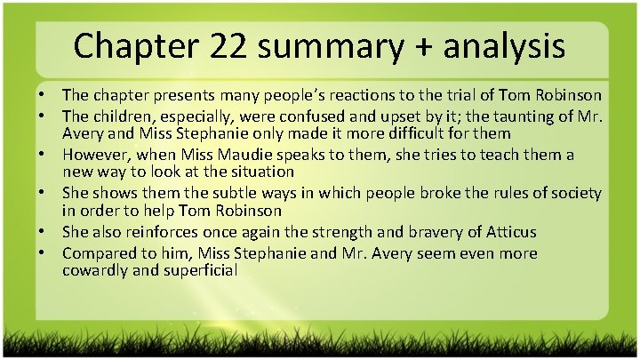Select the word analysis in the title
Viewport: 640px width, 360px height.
pos(501,45)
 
